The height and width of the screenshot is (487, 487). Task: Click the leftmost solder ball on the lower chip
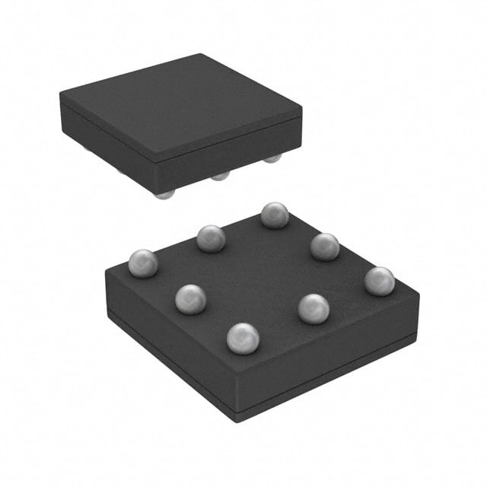142,263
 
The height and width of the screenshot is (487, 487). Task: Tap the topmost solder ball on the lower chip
274,215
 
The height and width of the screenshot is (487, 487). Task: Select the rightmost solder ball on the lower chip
379,281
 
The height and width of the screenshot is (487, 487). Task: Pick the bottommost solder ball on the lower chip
243,338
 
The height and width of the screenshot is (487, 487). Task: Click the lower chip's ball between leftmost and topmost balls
211,238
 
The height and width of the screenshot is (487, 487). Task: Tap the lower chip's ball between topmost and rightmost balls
325,247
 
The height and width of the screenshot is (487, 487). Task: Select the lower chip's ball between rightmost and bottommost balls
314,308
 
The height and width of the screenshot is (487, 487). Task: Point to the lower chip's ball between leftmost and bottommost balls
190,298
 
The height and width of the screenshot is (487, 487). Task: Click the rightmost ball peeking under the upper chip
272,158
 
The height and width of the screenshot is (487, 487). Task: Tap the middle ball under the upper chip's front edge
220,176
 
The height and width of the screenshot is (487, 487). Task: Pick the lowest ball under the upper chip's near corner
163,194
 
